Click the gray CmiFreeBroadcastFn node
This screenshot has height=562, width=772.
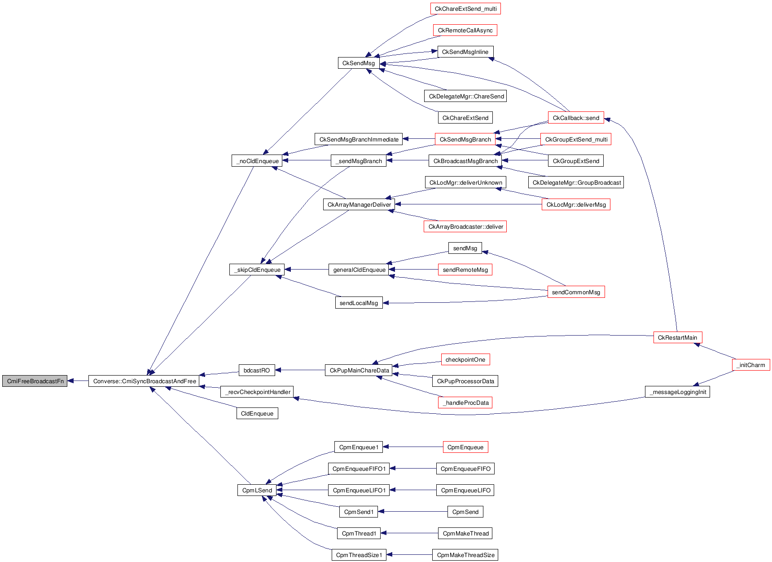coord(35,381)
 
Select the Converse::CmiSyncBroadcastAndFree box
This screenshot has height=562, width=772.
coord(145,381)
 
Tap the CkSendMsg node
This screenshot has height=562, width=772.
coord(358,63)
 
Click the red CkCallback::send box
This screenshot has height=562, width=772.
coord(576,118)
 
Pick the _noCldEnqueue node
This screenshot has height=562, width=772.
coord(257,161)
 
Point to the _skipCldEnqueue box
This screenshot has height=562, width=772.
coord(257,270)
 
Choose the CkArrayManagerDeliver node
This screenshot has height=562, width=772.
coord(359,204)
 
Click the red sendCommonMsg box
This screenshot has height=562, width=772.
coord(576,292)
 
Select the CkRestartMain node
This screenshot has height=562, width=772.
coord(677,337)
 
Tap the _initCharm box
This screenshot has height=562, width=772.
coord(751,365)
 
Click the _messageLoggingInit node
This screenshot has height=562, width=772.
coord(677,392)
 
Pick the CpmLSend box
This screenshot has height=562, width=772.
coord(257,490)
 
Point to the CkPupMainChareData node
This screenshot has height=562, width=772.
coord(359,370)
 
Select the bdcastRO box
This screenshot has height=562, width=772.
coord(257,370)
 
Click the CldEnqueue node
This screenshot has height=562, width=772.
coord(257,413)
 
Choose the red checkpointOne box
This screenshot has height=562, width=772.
coord(465,359)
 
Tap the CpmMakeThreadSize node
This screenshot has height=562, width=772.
coord(465,555)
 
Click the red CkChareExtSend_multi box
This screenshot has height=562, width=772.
coord(465,9)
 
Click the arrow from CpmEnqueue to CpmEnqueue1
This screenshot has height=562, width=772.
coord(413,447)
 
